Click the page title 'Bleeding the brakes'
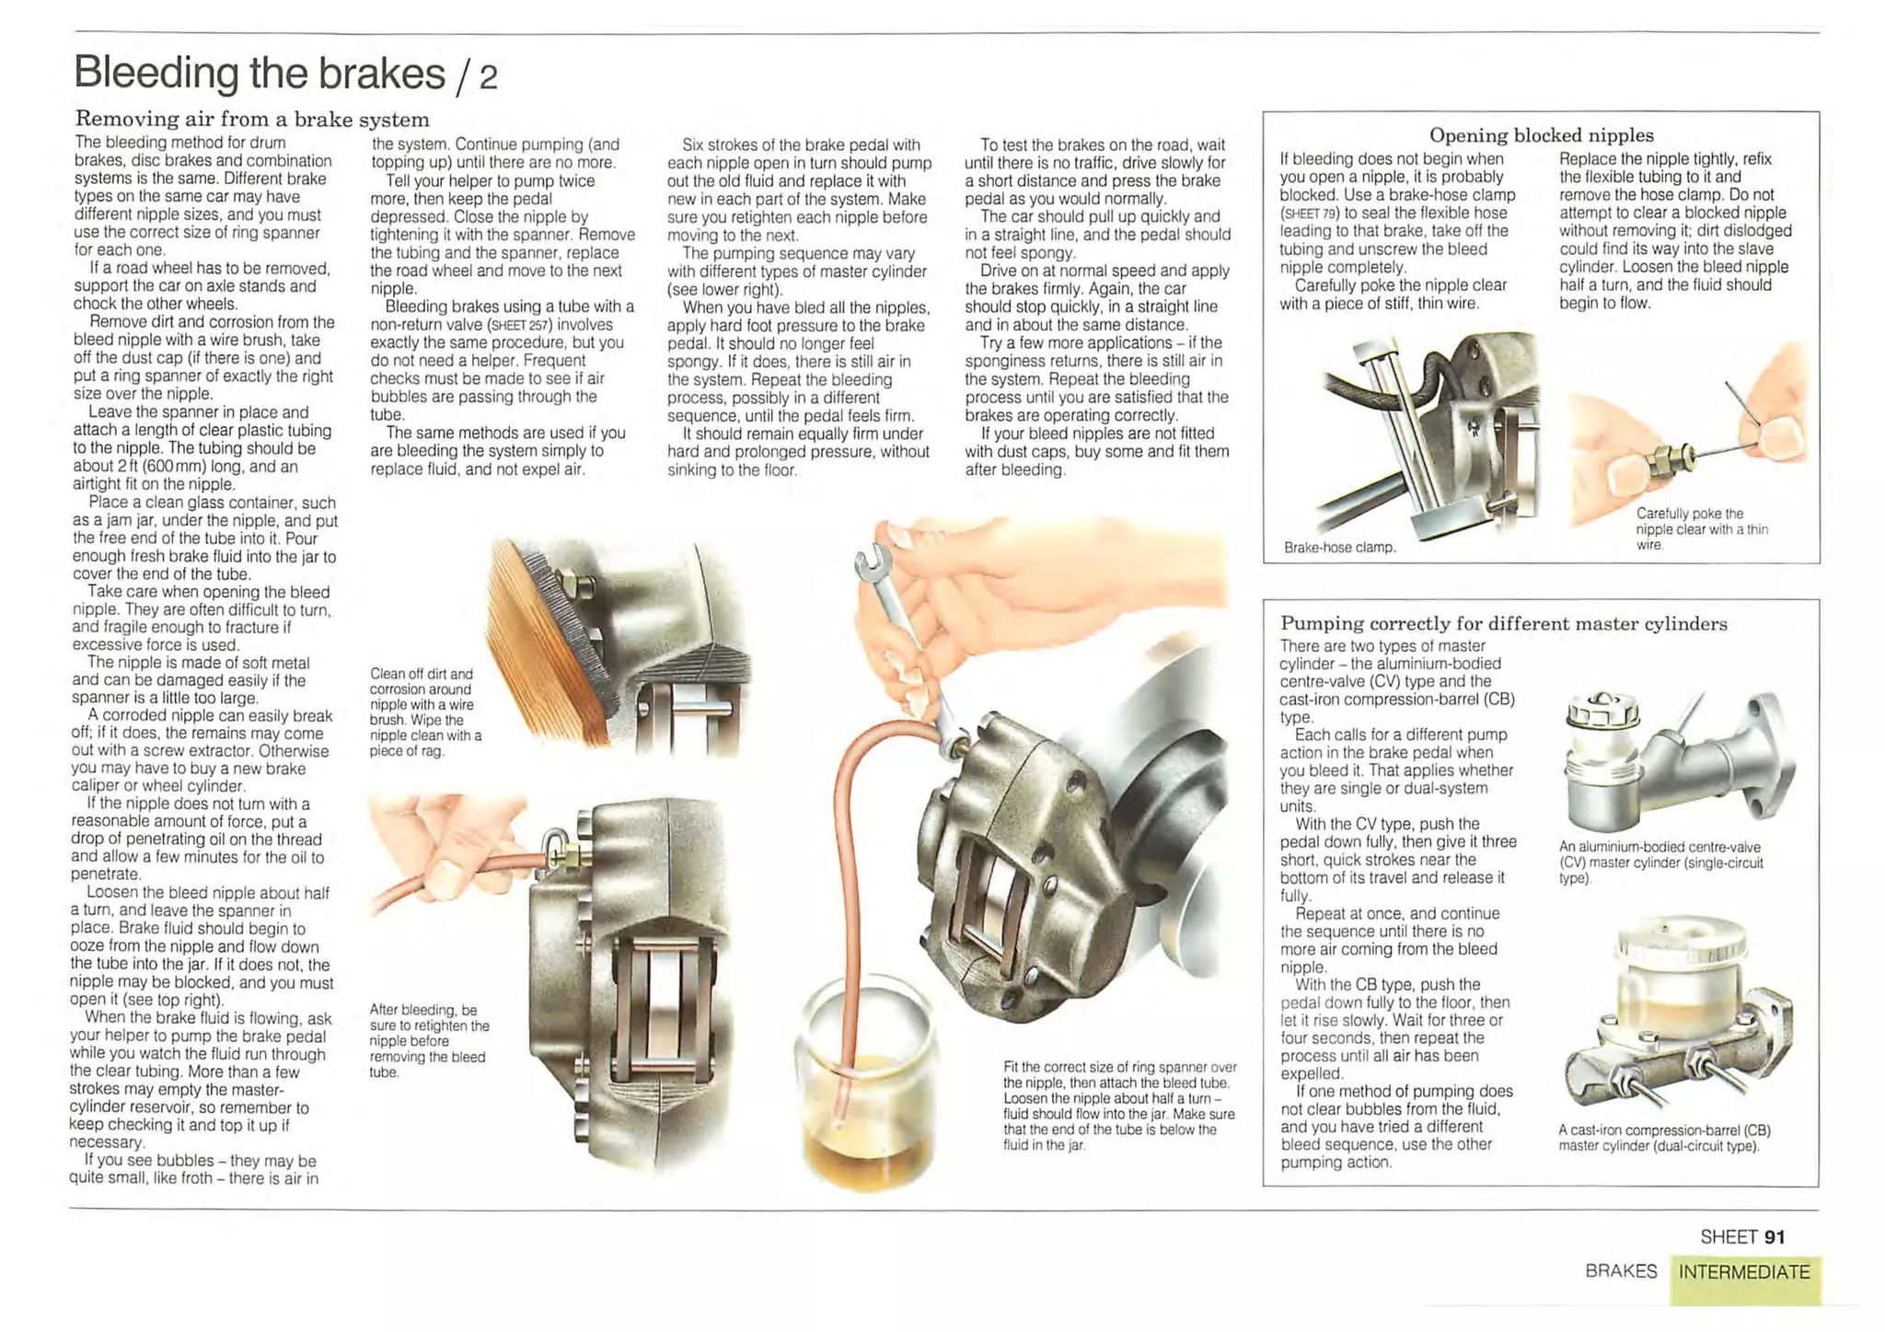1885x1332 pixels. pyautogui.click(x=260, y=73)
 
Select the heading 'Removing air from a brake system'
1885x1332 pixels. pyautogui.click(x=252, y=119)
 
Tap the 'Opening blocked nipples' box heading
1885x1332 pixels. pyautogui.click(x=1541, y=135)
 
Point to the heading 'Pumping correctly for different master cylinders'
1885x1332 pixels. pyautogui.click(x=1504, y=623)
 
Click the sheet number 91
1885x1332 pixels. pyautogui.click(x=1775, y=1237)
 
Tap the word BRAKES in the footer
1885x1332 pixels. pyautogui.click(x=1621, y=1271)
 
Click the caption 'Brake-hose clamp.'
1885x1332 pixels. pyautogui.click(x=1340, y=548)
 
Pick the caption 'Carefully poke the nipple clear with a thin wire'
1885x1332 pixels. pyautogui.click(x=1702, y=529)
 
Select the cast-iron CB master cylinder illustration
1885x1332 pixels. pyautogui.click(x=1677, y=1017)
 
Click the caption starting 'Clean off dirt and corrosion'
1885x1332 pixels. pyautogui.click(x=425, y=712)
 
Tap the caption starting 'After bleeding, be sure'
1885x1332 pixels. pyautogui.click(x=429, y=1041)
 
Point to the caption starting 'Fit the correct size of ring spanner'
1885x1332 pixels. pyautogui.click(x=1119, y=1106)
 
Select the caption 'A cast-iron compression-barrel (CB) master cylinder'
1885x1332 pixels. pyautogui.click(x=1664, y=1138)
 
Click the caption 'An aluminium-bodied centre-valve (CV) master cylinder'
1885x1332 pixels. pyautogui.click(x=1660, y=863)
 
